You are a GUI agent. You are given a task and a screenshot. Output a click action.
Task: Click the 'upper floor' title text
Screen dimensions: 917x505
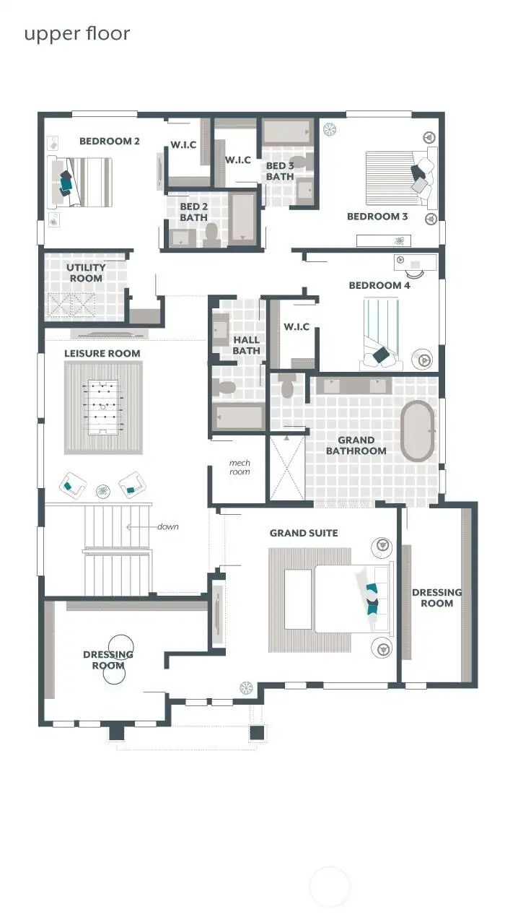(x=77, y=33)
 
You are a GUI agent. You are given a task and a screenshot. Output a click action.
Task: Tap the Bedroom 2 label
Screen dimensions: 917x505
(x=110, y=142)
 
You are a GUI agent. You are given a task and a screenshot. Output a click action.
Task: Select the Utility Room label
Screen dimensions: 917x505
(x=86, y=273)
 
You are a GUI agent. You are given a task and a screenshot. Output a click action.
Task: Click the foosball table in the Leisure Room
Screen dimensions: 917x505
(x=103, y=408)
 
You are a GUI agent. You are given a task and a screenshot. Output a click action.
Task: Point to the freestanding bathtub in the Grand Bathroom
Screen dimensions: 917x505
(x=418, y=431)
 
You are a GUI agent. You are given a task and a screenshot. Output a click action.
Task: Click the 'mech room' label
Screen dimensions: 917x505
(x=240, y=467)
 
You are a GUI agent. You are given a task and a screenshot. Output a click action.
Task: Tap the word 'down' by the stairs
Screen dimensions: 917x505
(x=167, y=526)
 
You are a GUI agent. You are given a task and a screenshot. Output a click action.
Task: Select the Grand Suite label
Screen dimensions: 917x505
(x=304, y=533)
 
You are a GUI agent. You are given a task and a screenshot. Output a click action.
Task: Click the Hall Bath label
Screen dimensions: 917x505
(x=246, y=345)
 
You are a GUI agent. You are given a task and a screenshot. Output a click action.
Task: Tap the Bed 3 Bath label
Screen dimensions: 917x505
(x=280, y=171)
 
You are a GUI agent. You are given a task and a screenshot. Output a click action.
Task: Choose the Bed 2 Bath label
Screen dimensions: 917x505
(x=193, y=212)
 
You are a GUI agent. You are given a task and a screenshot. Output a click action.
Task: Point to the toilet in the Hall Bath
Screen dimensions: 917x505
(x=224, y=387)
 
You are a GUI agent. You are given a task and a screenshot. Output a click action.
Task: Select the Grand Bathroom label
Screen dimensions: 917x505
(x=356, y=446)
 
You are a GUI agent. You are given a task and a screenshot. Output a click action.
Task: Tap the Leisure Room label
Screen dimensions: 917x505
(x=102, y=353)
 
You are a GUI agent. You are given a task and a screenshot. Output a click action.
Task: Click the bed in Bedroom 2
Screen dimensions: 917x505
(x=81, y=182)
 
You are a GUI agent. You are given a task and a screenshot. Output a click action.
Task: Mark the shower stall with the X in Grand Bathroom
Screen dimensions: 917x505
(x=287, y=467)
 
